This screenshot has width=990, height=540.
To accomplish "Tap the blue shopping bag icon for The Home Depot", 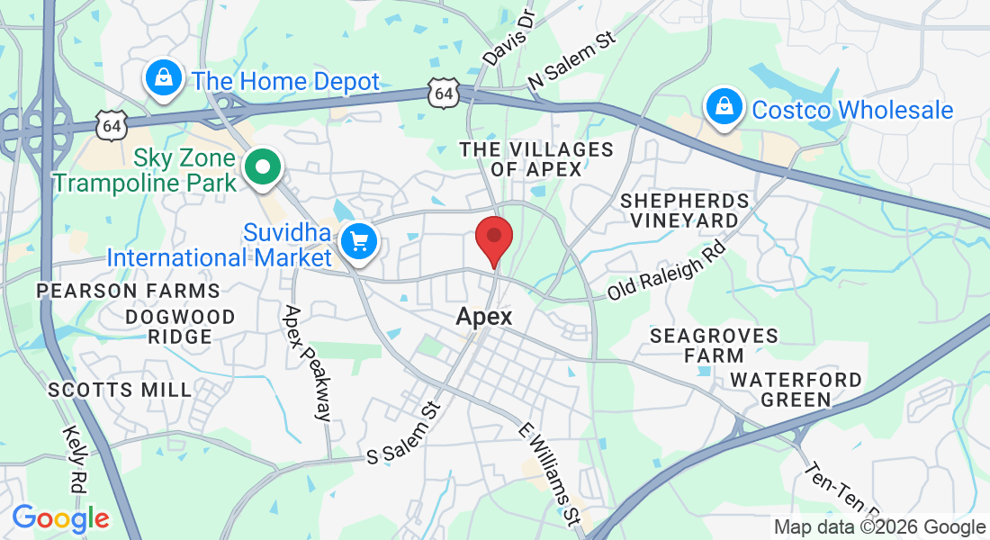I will coord(163,78).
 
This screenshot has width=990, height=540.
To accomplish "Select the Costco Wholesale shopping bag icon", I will coord(723,108).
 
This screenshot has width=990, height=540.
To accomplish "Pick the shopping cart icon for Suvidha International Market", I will coord(359,241).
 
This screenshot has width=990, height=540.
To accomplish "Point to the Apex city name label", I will coord(484,317).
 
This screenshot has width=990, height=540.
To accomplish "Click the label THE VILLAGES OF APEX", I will coord(536,158).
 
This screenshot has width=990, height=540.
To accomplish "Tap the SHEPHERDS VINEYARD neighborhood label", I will coord(684,210).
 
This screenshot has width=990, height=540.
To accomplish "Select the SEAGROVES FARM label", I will coord(714,346).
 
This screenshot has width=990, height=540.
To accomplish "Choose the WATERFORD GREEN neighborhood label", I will coord(796,390).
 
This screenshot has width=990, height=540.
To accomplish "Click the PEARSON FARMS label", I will coord(128,291).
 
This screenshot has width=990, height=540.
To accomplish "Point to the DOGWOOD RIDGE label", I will coord(180,327).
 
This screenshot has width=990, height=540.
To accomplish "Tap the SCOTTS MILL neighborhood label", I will coord(120,390).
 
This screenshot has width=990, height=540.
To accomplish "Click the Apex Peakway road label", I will coord(307,363).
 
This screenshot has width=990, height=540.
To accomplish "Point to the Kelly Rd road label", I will coord(76,459).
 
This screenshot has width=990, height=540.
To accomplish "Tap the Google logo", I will coord(60,518).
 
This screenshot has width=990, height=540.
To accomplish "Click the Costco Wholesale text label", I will coord(852,110).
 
